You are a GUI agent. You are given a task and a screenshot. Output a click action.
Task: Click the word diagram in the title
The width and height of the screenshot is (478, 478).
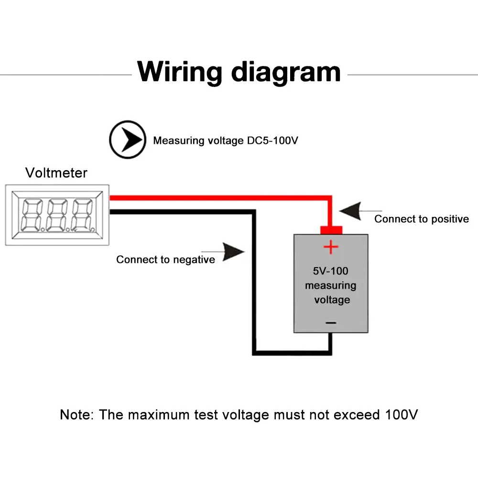click(286, 73)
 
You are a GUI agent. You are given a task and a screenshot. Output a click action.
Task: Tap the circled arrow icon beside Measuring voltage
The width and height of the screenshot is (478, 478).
click(127, 140)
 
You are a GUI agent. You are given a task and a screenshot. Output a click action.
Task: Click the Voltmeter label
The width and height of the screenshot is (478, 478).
click(56, 173)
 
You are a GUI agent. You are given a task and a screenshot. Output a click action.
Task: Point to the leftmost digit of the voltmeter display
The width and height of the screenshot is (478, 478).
click(31, 215)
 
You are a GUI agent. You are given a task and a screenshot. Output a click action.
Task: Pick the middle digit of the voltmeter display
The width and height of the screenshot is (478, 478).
click(56, 215)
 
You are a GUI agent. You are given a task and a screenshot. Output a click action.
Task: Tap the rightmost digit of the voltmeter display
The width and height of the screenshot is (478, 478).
click(81, 215)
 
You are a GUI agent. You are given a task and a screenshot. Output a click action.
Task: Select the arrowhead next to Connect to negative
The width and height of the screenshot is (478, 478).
click(234, 251)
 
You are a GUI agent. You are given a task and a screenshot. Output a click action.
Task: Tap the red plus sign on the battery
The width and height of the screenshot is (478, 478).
click(331, 247)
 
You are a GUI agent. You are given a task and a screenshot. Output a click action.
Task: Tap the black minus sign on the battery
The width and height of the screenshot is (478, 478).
click(331, 323)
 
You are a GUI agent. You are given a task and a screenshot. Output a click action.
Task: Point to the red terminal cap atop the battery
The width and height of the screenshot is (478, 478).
click(331, 230)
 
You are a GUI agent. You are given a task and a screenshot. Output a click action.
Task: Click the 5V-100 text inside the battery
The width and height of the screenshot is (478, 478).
click(331, 271)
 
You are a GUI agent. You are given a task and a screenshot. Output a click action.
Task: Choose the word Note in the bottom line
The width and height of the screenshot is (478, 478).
click(75, 414)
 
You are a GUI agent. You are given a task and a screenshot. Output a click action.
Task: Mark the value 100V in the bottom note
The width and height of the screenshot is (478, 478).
click(402, 414)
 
